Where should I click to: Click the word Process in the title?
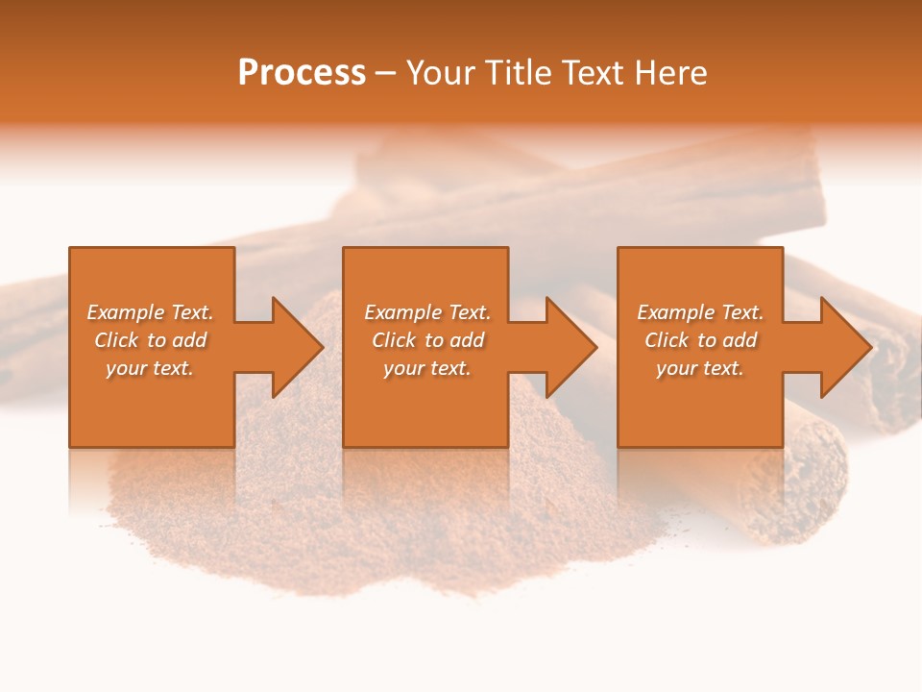(302, 73)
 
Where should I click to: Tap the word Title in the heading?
(519, 73)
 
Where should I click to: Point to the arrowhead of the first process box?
(297, 347)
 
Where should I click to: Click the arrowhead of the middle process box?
(571, 347)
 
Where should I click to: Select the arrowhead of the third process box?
(846, 347)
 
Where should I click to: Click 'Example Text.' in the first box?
(150, 312)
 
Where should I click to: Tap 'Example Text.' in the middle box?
(426, 312)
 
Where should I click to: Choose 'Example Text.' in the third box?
(700, 312)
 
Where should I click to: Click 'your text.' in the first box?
(150, 368)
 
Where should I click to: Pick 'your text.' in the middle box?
(426, 368)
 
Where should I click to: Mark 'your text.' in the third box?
(700, 368)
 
